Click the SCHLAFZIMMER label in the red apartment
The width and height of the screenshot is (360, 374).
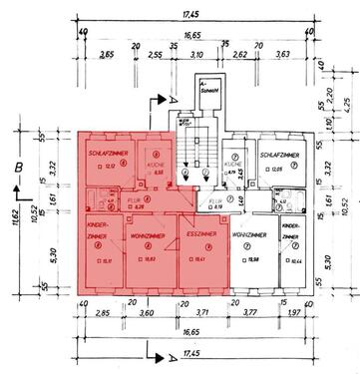(x=106, y=153)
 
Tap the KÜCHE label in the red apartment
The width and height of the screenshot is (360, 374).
(x=158, y=162)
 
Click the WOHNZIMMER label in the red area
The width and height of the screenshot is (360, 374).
(x=148, y=234)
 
